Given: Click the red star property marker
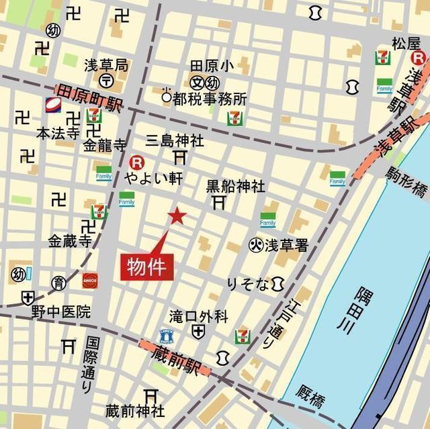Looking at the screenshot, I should pyautogui.click(x=177, y=216).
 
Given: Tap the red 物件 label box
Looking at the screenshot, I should pyautogui.click(x=147, y=267).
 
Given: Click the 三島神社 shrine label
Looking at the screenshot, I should pyautogui.click(x=175, y=141).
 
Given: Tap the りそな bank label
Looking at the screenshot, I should pyautogui.click(x=248, y=285).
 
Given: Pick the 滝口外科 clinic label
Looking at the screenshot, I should pyautogui.click(x=198, y=316).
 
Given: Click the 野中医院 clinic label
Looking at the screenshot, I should pyautogui.click(x=60, y=312).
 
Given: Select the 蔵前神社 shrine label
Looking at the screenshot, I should pyautogui.click(x=135, y=410).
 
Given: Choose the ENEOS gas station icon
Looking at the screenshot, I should pyautogui.click(x=90, y=280).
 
